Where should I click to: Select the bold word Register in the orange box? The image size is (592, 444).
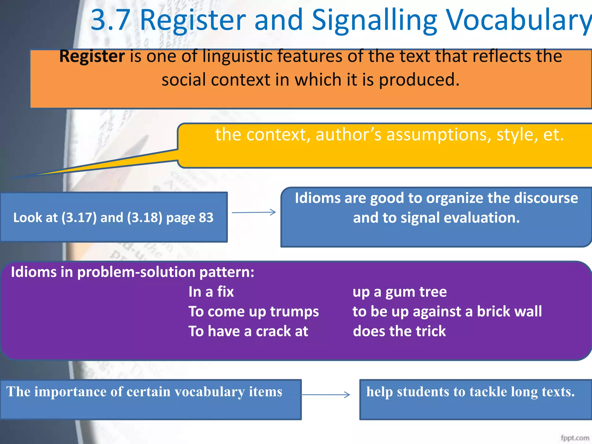[x=92, y=56]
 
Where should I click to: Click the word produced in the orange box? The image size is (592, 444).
[x=419, y=80]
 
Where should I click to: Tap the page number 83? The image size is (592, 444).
[x=206, y=218]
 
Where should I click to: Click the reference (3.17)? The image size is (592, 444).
[x=79, y=218]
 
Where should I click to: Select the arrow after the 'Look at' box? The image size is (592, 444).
[x=254, y=212]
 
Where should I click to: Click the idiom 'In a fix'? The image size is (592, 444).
[x=211, y=292]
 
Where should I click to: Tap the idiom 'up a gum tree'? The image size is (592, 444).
[x=399, y=292]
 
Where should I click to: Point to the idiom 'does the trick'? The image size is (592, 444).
[x=399, y=331]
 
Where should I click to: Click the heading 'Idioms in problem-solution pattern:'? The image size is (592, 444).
[x=132, y=272]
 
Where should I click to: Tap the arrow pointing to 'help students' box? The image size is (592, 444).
[x=325, y=395]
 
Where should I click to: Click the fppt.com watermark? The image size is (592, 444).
[x=575, y=438]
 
